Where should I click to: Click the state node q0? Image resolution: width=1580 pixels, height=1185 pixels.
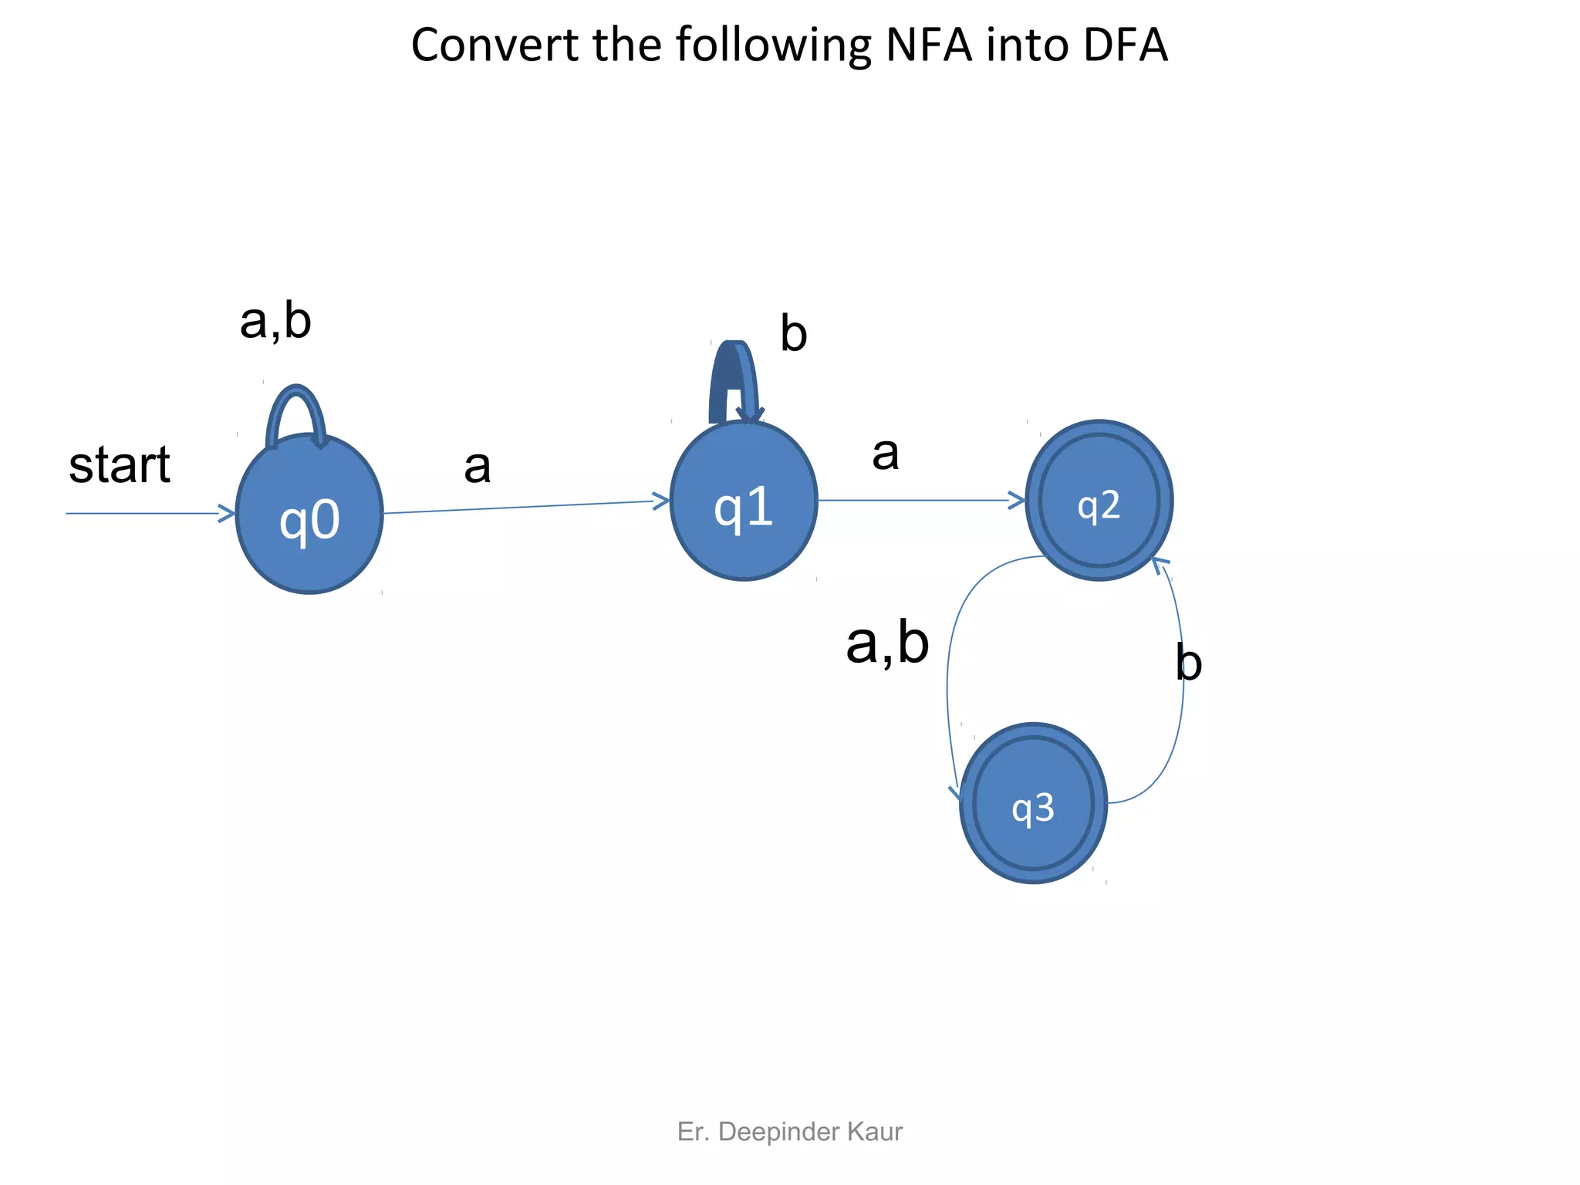point(309,515)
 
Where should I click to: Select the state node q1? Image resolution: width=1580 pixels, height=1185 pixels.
point(744,501)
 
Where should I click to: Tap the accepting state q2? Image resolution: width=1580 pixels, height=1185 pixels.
point(1099,501)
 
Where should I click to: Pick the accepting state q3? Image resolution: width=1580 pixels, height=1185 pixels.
point(1033,804)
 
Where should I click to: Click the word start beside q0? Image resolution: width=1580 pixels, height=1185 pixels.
point(120,465)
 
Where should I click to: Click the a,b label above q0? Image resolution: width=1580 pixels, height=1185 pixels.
point(275,321)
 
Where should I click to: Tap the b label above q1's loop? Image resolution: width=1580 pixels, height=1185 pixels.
point(793,334)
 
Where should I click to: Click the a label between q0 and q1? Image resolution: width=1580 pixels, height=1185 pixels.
point(478,467)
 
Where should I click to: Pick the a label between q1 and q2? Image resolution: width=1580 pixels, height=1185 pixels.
point(886,454)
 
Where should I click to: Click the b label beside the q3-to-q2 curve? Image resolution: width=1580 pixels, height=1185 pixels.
point(1188,663)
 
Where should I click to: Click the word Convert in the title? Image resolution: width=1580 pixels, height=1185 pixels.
point(495,45)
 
